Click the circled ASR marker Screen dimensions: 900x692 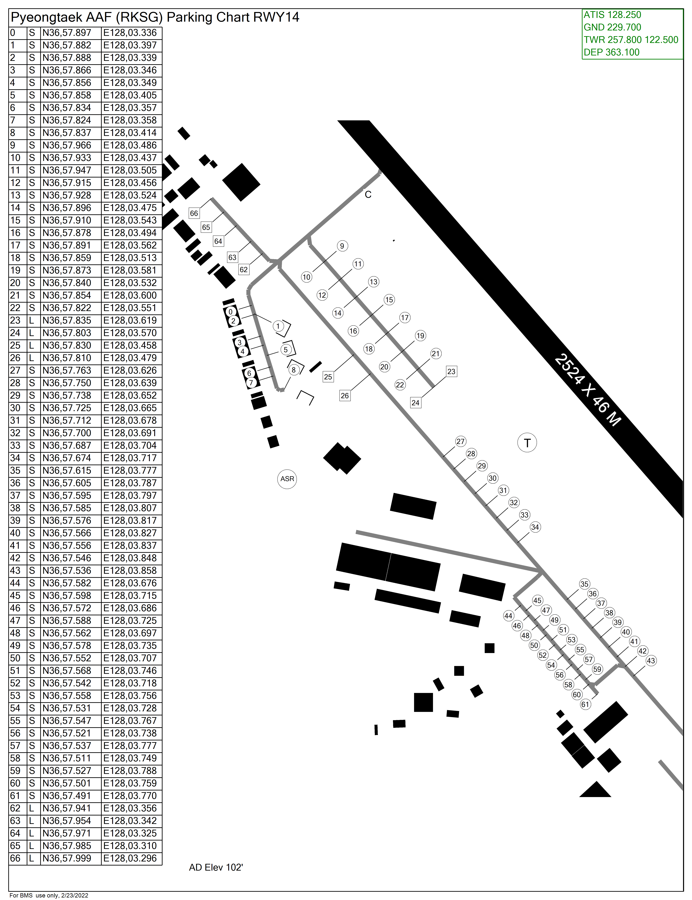(287, 479)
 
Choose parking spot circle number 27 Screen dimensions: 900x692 (461, 441)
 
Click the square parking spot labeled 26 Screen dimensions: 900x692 (345, 396)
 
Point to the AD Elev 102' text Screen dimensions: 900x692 (216, 867)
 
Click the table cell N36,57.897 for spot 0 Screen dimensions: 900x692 (67, 33)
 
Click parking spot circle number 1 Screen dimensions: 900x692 (278, 326)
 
